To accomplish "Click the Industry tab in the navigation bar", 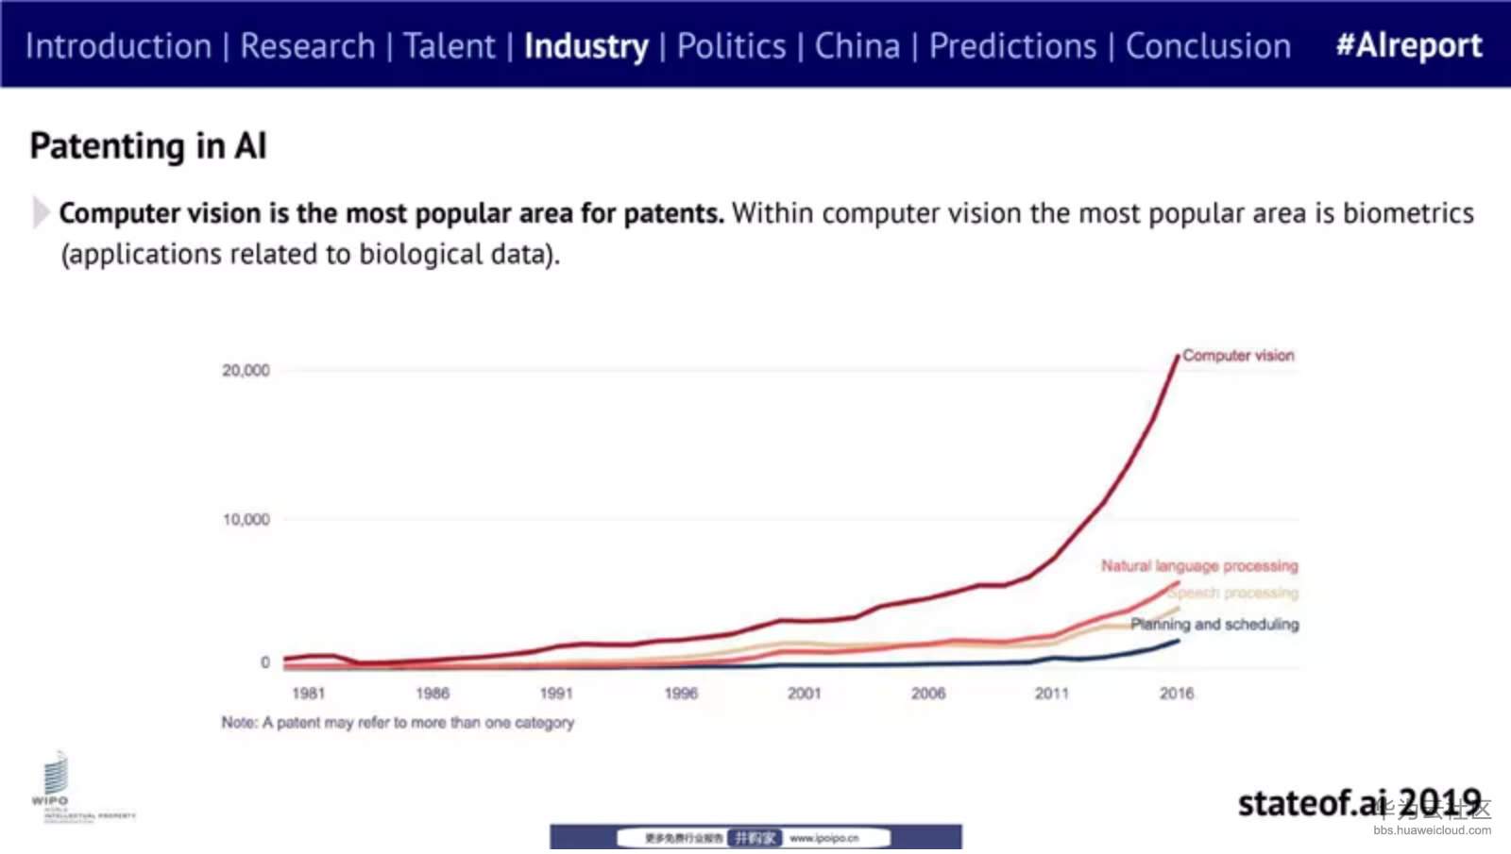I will pyautogui.click(x=586, y=45).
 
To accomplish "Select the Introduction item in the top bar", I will pyautogui.click(x=118, y=45).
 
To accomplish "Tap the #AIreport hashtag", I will pyautogui.click(x=1408, y=45).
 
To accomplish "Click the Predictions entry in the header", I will pyautogui.click(x=1012, y=45).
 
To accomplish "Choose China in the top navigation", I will pyautogui.click(x=857, y=45).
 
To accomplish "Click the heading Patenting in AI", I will pyautogui.click(x=148, y=146).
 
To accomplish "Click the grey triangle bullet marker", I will pyautogui.click(x=41, y=212).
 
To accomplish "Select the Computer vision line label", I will pyautogui.click(x=1238, y=356).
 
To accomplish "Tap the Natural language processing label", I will pyautogui.click(x=1198, y=566).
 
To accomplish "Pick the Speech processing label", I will pyautogui.click(x=1233, y=594).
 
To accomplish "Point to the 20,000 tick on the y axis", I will pyautogui.click(x=246, y=371).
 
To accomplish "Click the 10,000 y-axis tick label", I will pyautogui.click(x=246, y=520).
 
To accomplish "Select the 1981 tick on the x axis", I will pyautogui.click(x=308, y=694).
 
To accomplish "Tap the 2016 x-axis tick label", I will pyautogui.click(x=1177, y=694).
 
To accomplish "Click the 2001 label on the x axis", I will pyautogui.click(x=804, y=694).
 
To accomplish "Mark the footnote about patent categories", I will pyautogui.click(x=398, y=723).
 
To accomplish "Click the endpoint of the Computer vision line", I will pyautogui.click(x=1178, y=356).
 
